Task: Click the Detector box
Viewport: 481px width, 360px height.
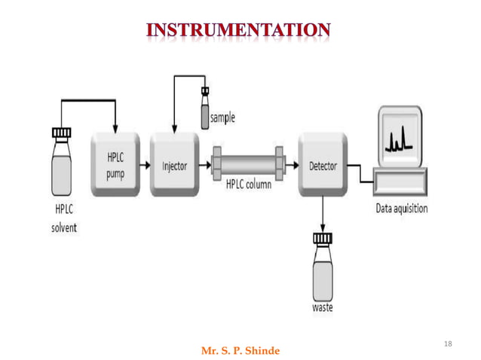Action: coord(323,165)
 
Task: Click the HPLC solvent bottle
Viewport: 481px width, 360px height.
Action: coord(61,169)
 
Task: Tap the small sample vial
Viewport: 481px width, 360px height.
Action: coord(204,113)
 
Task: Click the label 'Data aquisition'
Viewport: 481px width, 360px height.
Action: coord(401,209)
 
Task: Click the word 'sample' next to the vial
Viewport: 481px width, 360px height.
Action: coord(222,117)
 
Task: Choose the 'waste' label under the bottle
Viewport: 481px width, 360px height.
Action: coord(323,308)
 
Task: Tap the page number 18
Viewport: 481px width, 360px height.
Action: coord(449,344)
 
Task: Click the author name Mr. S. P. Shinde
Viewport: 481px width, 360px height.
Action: coord(240,351)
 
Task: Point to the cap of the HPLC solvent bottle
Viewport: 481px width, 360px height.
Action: coord(61,133)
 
